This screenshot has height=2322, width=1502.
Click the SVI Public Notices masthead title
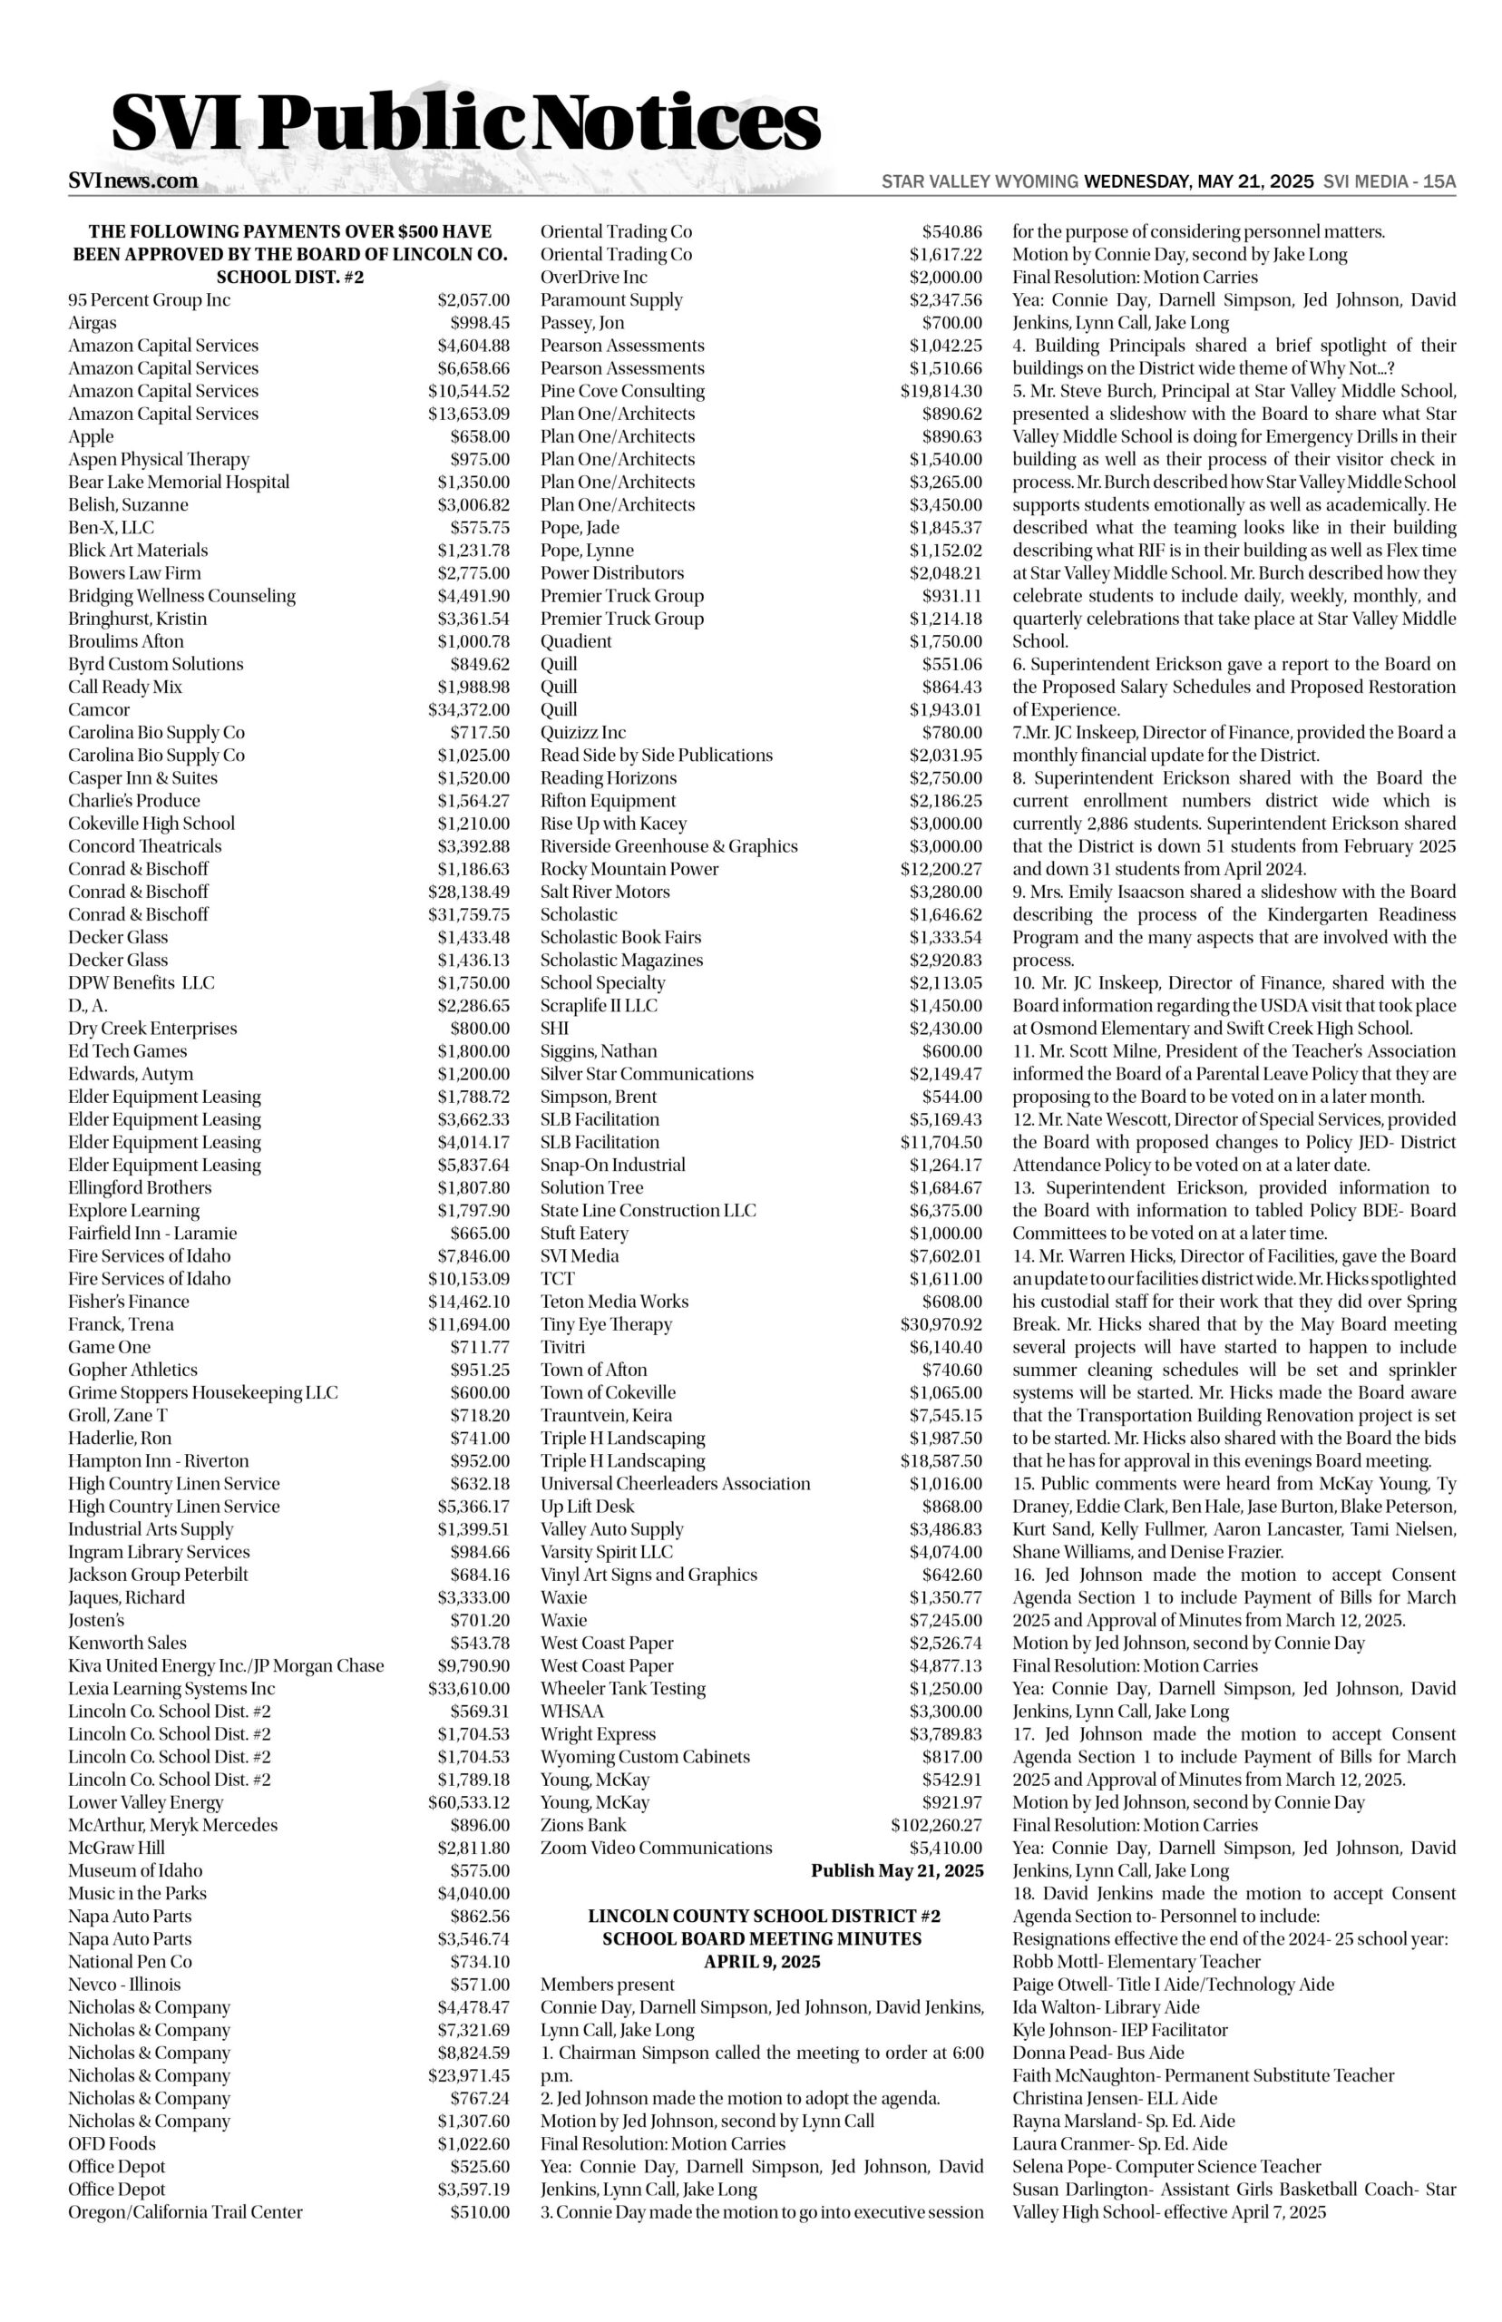tap(465, 124)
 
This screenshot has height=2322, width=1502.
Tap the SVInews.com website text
tap(132, 181)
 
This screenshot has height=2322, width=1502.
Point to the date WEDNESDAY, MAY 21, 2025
tap(1199, 181)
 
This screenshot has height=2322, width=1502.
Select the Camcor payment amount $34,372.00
tap(468, 710)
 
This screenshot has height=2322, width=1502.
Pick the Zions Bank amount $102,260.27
tap(935, 1826)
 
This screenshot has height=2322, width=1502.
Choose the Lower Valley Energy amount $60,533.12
tap(468, 1802)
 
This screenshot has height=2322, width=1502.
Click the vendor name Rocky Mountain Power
tap(629, 869)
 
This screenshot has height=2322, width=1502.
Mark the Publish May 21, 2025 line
tap(896, 1870)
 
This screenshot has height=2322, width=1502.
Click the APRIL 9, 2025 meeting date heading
tap(762, 1961)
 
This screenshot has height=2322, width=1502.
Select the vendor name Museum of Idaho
tap(135, 1870)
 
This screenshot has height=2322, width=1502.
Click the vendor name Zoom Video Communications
tap(657, 1848)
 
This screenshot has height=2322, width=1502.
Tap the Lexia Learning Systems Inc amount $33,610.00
tap(468, 1688)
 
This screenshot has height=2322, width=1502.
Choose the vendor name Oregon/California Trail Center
tap(185, 2212)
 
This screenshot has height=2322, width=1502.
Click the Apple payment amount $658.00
tap(479, 437)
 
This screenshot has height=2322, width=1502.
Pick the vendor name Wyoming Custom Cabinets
tap(645, 1756)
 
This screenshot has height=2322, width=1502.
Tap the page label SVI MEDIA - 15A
tap(1389, 181)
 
